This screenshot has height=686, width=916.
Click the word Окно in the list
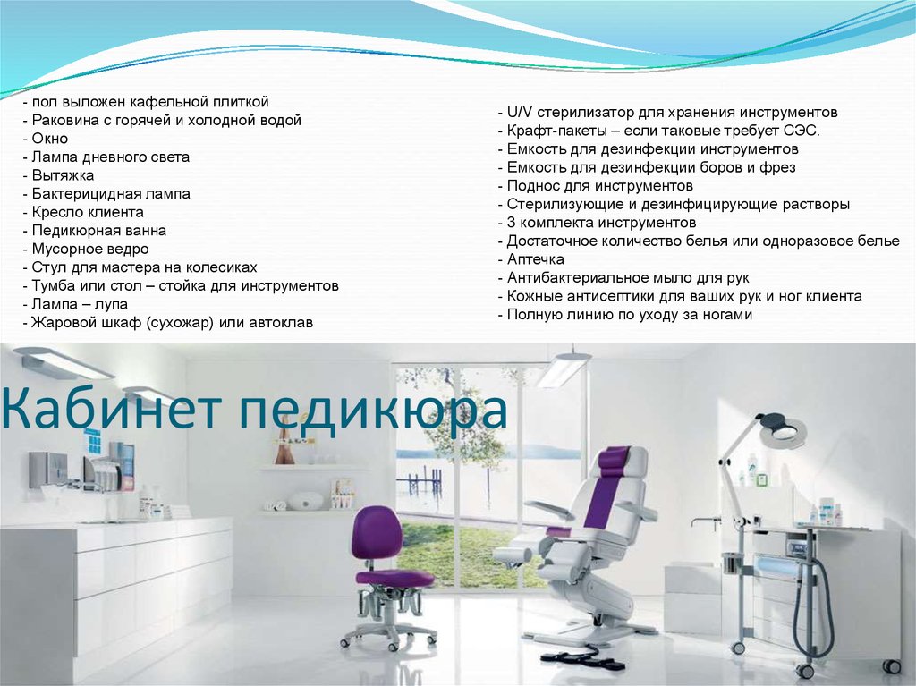50,139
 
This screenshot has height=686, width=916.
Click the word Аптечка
535,258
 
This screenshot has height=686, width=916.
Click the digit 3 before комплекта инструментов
511,223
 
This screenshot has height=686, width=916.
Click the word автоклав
283,323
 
